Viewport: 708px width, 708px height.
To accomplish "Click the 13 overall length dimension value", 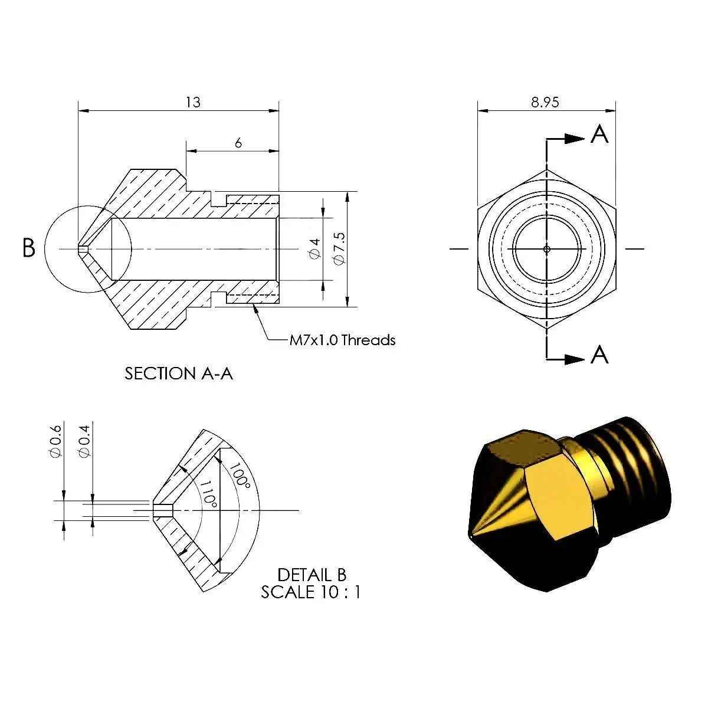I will click(193, 102).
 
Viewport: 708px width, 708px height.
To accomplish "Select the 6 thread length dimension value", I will click(238, 143).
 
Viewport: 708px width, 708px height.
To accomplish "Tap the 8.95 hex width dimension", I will click(545, 102).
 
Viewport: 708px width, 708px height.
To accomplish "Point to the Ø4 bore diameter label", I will click(314, 248).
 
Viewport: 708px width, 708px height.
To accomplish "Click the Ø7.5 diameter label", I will click(338, 248).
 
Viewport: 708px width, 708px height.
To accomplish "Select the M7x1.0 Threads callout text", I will click(342, 340).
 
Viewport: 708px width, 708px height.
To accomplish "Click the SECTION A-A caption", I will click(179, 373).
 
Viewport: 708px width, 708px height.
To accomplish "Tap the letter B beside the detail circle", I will click(28, 248).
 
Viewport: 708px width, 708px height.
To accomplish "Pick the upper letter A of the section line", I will click(599, 135).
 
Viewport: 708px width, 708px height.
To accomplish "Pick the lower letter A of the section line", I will click(599, 355).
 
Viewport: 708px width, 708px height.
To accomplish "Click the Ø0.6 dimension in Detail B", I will click(56, 440).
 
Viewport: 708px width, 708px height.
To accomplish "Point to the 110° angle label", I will click(208, 493).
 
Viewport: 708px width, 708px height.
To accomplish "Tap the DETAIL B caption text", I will click(312, 574).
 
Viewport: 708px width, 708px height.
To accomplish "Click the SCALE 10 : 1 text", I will click(310, 592).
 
